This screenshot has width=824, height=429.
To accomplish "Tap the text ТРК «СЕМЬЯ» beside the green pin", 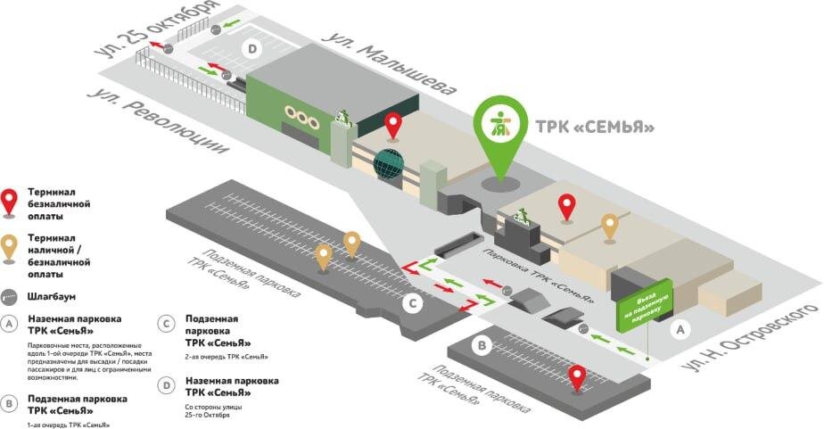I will (x=594, y=127).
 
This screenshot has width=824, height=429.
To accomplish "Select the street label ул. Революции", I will (x=155, y=126).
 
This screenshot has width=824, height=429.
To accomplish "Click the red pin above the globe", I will (x=393, y=125).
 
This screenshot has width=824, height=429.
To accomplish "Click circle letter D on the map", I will (x=252, y=49).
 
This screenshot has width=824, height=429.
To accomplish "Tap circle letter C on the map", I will (x=412, y=303).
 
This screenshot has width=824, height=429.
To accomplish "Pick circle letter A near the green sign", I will (x=680, y=329).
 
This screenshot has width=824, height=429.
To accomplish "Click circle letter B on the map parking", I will (x=482, y=344).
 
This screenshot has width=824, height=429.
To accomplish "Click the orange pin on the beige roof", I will (x=610, y=227).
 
